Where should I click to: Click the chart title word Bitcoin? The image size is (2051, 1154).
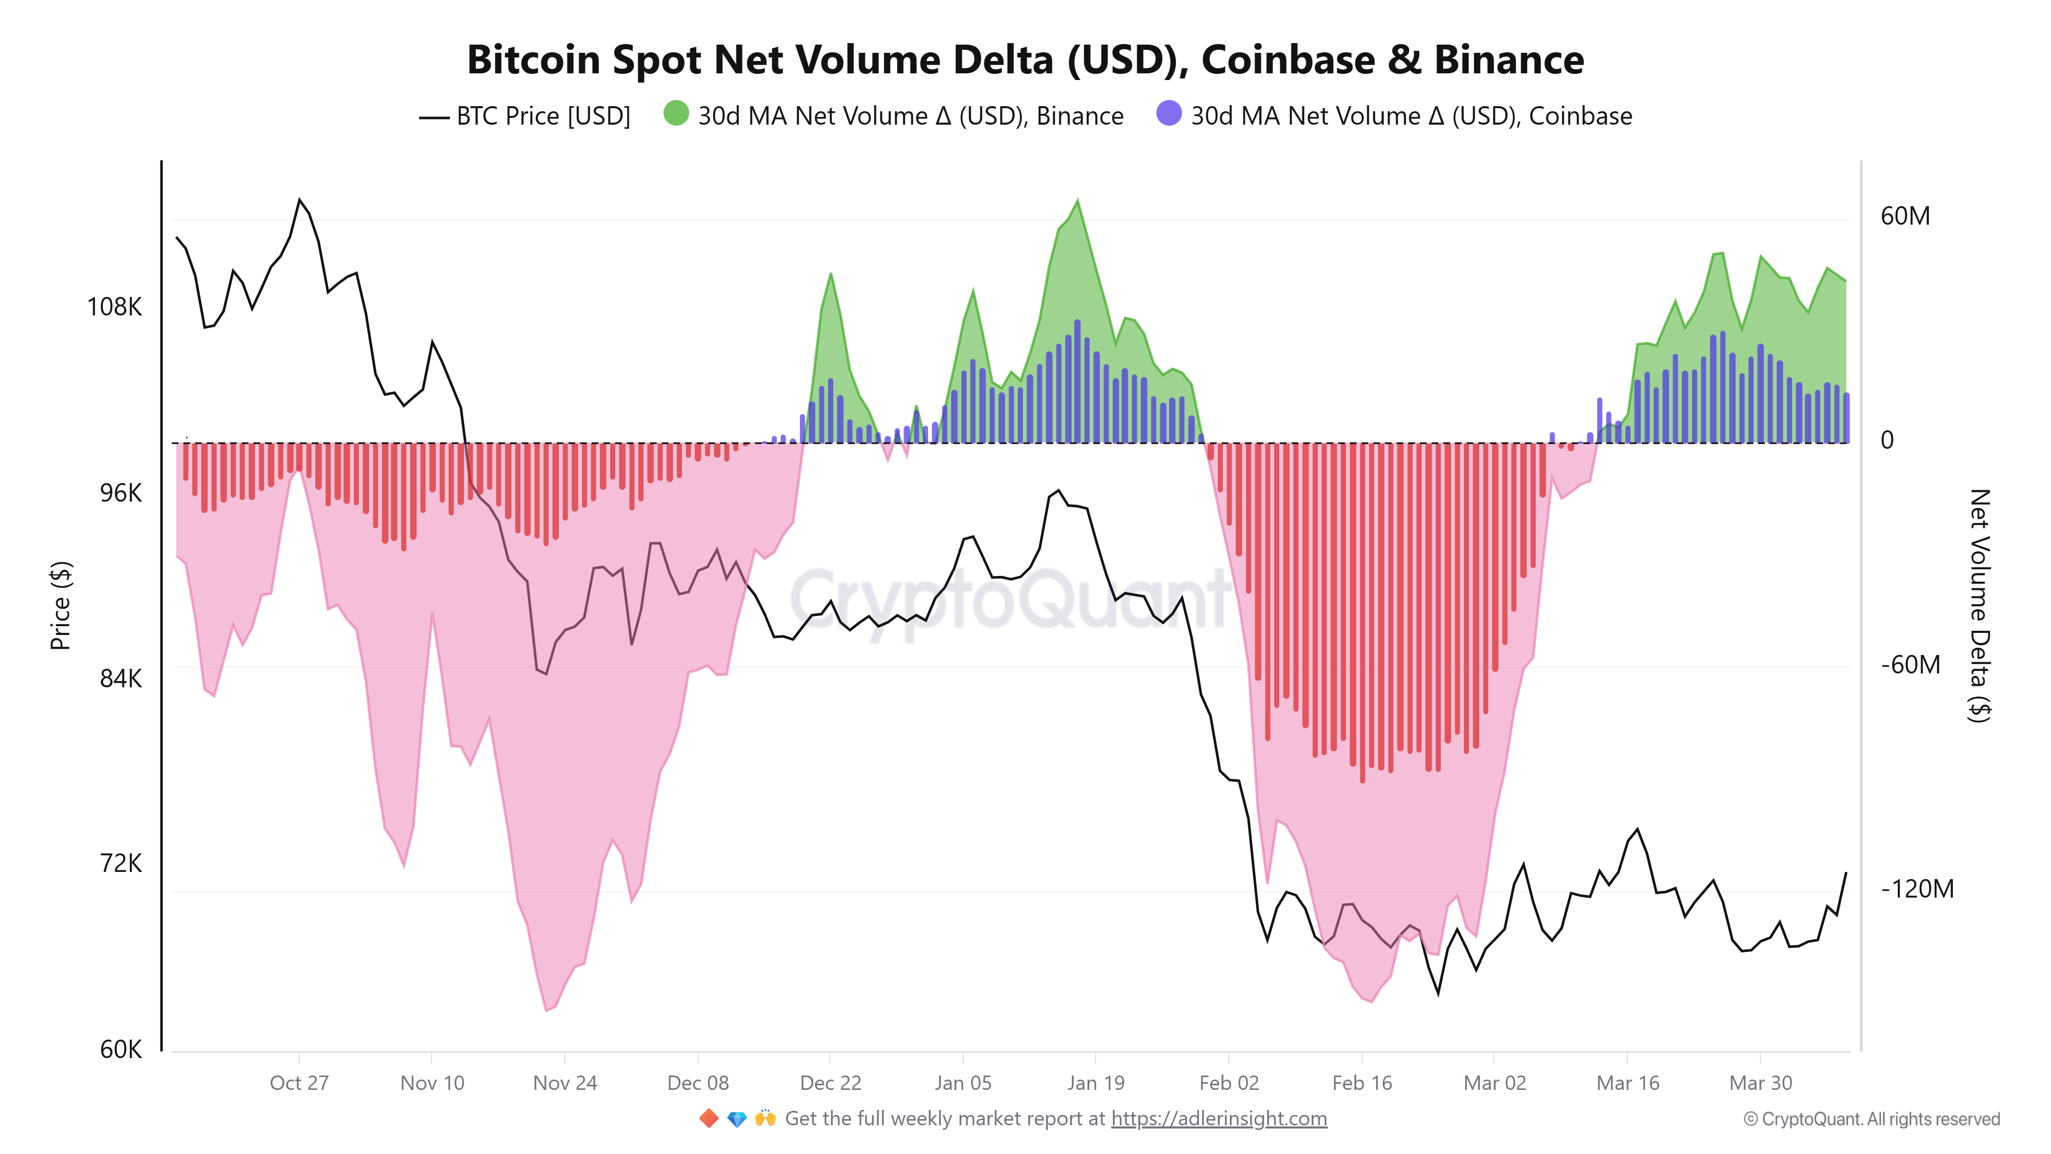(533, 61)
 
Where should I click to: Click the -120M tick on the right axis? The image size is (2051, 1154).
(1917, 889)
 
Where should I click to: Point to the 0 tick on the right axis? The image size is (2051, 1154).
(1887, 441)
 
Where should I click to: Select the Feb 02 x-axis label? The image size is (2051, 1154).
(1229, 1083)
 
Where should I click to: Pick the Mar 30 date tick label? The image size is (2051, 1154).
(1760, 1083)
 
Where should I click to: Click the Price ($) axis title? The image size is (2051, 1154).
(61, 605)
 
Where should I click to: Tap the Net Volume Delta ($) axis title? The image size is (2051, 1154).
(1979, 605)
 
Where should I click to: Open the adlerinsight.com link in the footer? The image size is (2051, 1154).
(1218, 1119)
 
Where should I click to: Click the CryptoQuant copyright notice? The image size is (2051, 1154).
(1871, 1120)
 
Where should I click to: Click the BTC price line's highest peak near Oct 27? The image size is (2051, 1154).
(299, 200)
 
